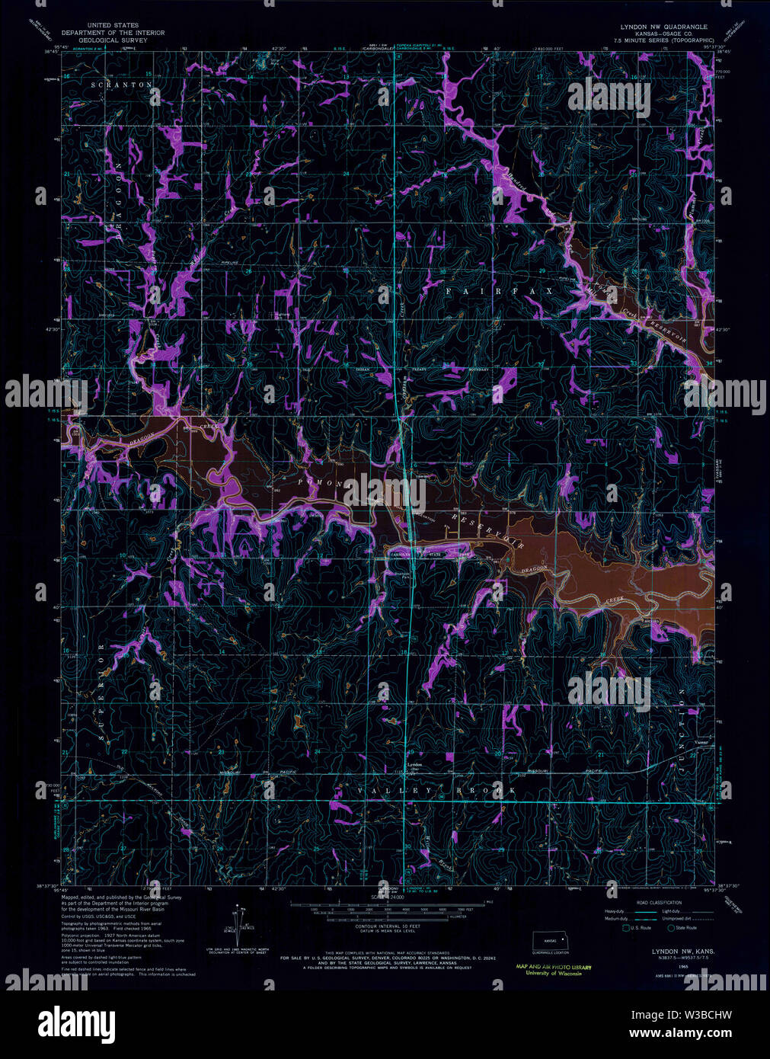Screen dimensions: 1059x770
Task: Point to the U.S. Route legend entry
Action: pos(637,928)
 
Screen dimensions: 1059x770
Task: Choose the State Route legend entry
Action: pos(682,928)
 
